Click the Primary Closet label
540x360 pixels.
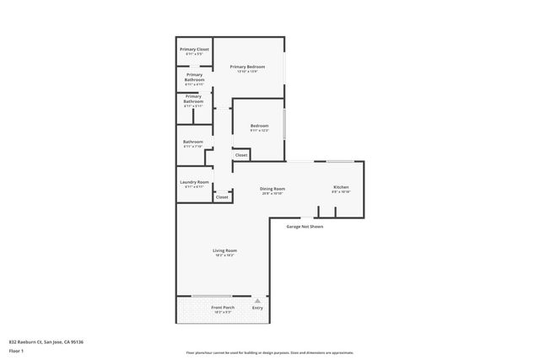point(193,50)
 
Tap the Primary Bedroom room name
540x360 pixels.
point(248,66)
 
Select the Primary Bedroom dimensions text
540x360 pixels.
point(248,71)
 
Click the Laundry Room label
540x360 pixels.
point(193,182)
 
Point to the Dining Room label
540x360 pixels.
point(272,189)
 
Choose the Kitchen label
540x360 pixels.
point(341,187)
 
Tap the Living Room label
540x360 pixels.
point(224,250)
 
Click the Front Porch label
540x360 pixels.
point(223,307)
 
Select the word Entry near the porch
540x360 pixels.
point(257,308)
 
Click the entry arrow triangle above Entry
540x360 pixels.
point(257,300)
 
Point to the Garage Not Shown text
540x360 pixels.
point(305,226)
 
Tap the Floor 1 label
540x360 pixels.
point(16,349)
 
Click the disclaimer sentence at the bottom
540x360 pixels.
point(269,352)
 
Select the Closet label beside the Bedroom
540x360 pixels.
point(240,155)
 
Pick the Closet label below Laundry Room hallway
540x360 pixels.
point(222,197)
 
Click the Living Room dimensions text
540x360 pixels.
point(224,255)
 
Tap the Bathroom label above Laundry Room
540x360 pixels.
point(193,142)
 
